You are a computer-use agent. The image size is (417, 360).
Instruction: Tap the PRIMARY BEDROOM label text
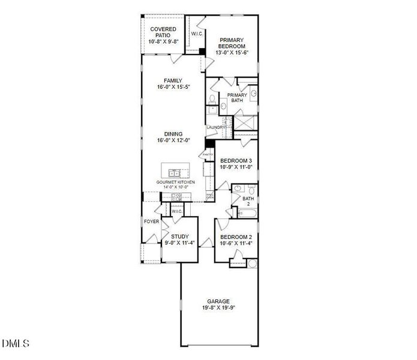tap(232, 43)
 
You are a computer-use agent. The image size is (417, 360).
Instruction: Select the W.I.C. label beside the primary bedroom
tap(197, 34)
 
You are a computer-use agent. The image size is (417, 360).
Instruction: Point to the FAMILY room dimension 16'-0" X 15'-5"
tap(173, 87)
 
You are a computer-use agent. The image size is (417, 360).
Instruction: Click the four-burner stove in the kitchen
tap(177, 197)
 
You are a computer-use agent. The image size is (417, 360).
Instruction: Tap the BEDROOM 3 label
tap(236, 161)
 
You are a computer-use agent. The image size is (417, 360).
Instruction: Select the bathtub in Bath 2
tap(247, 212)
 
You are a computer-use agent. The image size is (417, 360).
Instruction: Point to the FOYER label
tap(151, 221)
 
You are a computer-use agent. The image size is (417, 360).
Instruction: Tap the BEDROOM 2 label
tap(236, 237)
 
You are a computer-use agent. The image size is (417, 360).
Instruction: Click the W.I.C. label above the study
tap(176, 211)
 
